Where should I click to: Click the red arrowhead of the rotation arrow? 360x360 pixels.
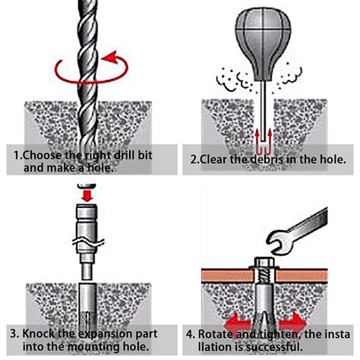click(x=109, y=57)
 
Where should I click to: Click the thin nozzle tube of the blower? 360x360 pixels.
click(x=264, y=112)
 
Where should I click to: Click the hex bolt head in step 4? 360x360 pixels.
click(x=264, y=263)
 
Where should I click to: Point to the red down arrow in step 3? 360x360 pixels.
click(x=87, y=196)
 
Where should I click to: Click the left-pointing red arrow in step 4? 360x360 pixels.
click(x=238, y=324)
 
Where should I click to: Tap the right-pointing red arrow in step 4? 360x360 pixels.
click(x=292, y=324)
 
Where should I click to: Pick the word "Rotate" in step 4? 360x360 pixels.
click(x=216, y=334)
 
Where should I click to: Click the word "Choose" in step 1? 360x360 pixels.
click(x=43, y=155)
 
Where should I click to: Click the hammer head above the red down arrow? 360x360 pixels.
click(x=87, y=186)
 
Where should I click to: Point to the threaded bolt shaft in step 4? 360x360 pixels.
click(x=264, y=276)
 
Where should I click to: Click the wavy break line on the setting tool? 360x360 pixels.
click(x=88, y=242)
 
